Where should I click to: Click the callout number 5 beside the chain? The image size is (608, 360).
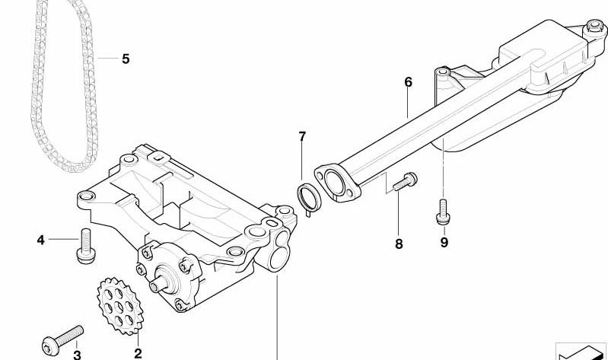coord(126,59)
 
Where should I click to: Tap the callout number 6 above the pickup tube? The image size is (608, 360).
coord(408,82)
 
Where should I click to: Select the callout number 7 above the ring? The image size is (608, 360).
coord(302,136)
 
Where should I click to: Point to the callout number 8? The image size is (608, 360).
coord(399,244)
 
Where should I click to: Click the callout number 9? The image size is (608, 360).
coord(444,243)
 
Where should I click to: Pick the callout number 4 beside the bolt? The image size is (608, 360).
coord(41,241)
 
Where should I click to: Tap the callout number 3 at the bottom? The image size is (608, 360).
coord(77,355)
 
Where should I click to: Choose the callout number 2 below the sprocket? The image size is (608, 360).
coord(138,353)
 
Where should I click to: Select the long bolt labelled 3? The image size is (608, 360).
coord(62,340)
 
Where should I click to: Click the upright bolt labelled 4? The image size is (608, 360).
coord(86,246)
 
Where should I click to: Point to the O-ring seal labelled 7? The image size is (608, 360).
coord(309,198)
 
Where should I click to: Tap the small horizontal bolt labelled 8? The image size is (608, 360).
coord(405,182)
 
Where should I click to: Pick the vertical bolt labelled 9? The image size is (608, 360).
coord(443,212)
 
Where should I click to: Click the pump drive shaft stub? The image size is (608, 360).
coord(159,285)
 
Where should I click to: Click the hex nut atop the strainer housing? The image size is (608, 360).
coord(594,26)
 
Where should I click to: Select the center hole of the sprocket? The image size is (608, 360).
coord(119,307)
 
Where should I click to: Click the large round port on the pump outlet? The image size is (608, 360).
coord(278,260)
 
